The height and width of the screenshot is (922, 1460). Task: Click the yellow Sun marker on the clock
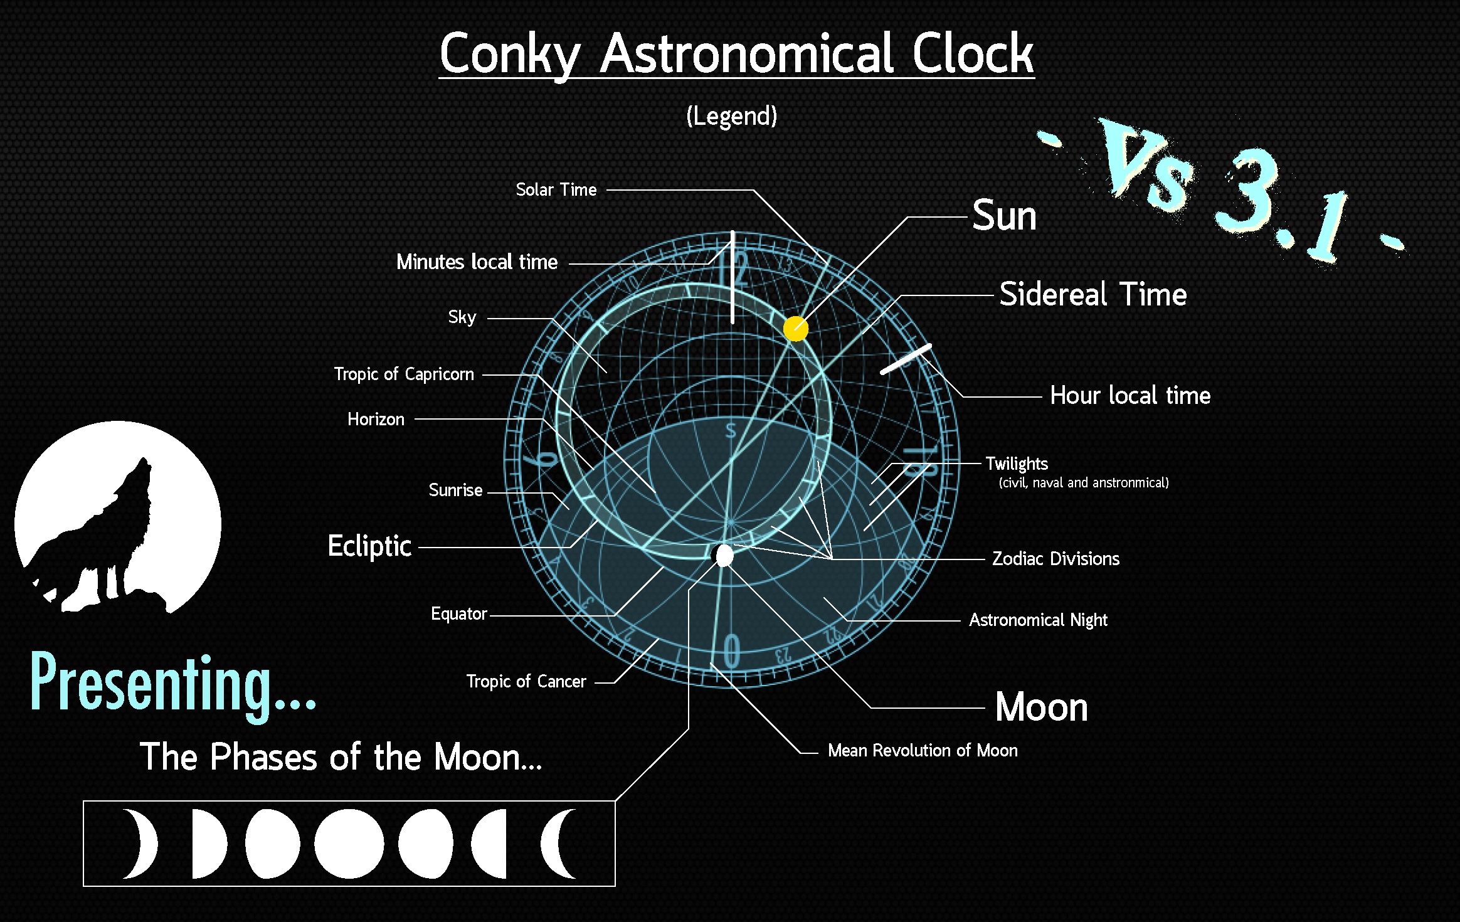[795, 328]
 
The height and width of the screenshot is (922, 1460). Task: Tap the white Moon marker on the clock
[724, 555]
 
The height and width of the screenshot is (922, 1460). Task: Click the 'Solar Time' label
[556, 189]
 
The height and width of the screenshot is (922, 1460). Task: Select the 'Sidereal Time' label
[1092, 294]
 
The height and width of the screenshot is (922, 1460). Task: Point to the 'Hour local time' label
[1130, 396]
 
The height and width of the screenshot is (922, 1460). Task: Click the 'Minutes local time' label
[477, 262]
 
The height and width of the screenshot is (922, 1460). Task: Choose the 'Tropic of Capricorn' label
[404, 374]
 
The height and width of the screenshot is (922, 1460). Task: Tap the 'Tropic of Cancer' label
[526, 682]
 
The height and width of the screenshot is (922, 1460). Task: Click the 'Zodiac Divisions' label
[1055, 559]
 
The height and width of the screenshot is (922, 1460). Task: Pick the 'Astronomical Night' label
[1038, 620]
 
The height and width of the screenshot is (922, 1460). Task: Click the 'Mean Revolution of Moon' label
[923, 751]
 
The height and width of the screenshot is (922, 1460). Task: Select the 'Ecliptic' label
[369, 546]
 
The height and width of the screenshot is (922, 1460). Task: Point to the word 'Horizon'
[376, 420]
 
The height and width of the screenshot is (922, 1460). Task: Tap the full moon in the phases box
[349, 844]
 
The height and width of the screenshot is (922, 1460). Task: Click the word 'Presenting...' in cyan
[172, 684]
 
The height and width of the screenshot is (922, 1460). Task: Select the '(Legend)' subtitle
[731, 116]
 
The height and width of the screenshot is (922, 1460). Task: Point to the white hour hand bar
[906, 359]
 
